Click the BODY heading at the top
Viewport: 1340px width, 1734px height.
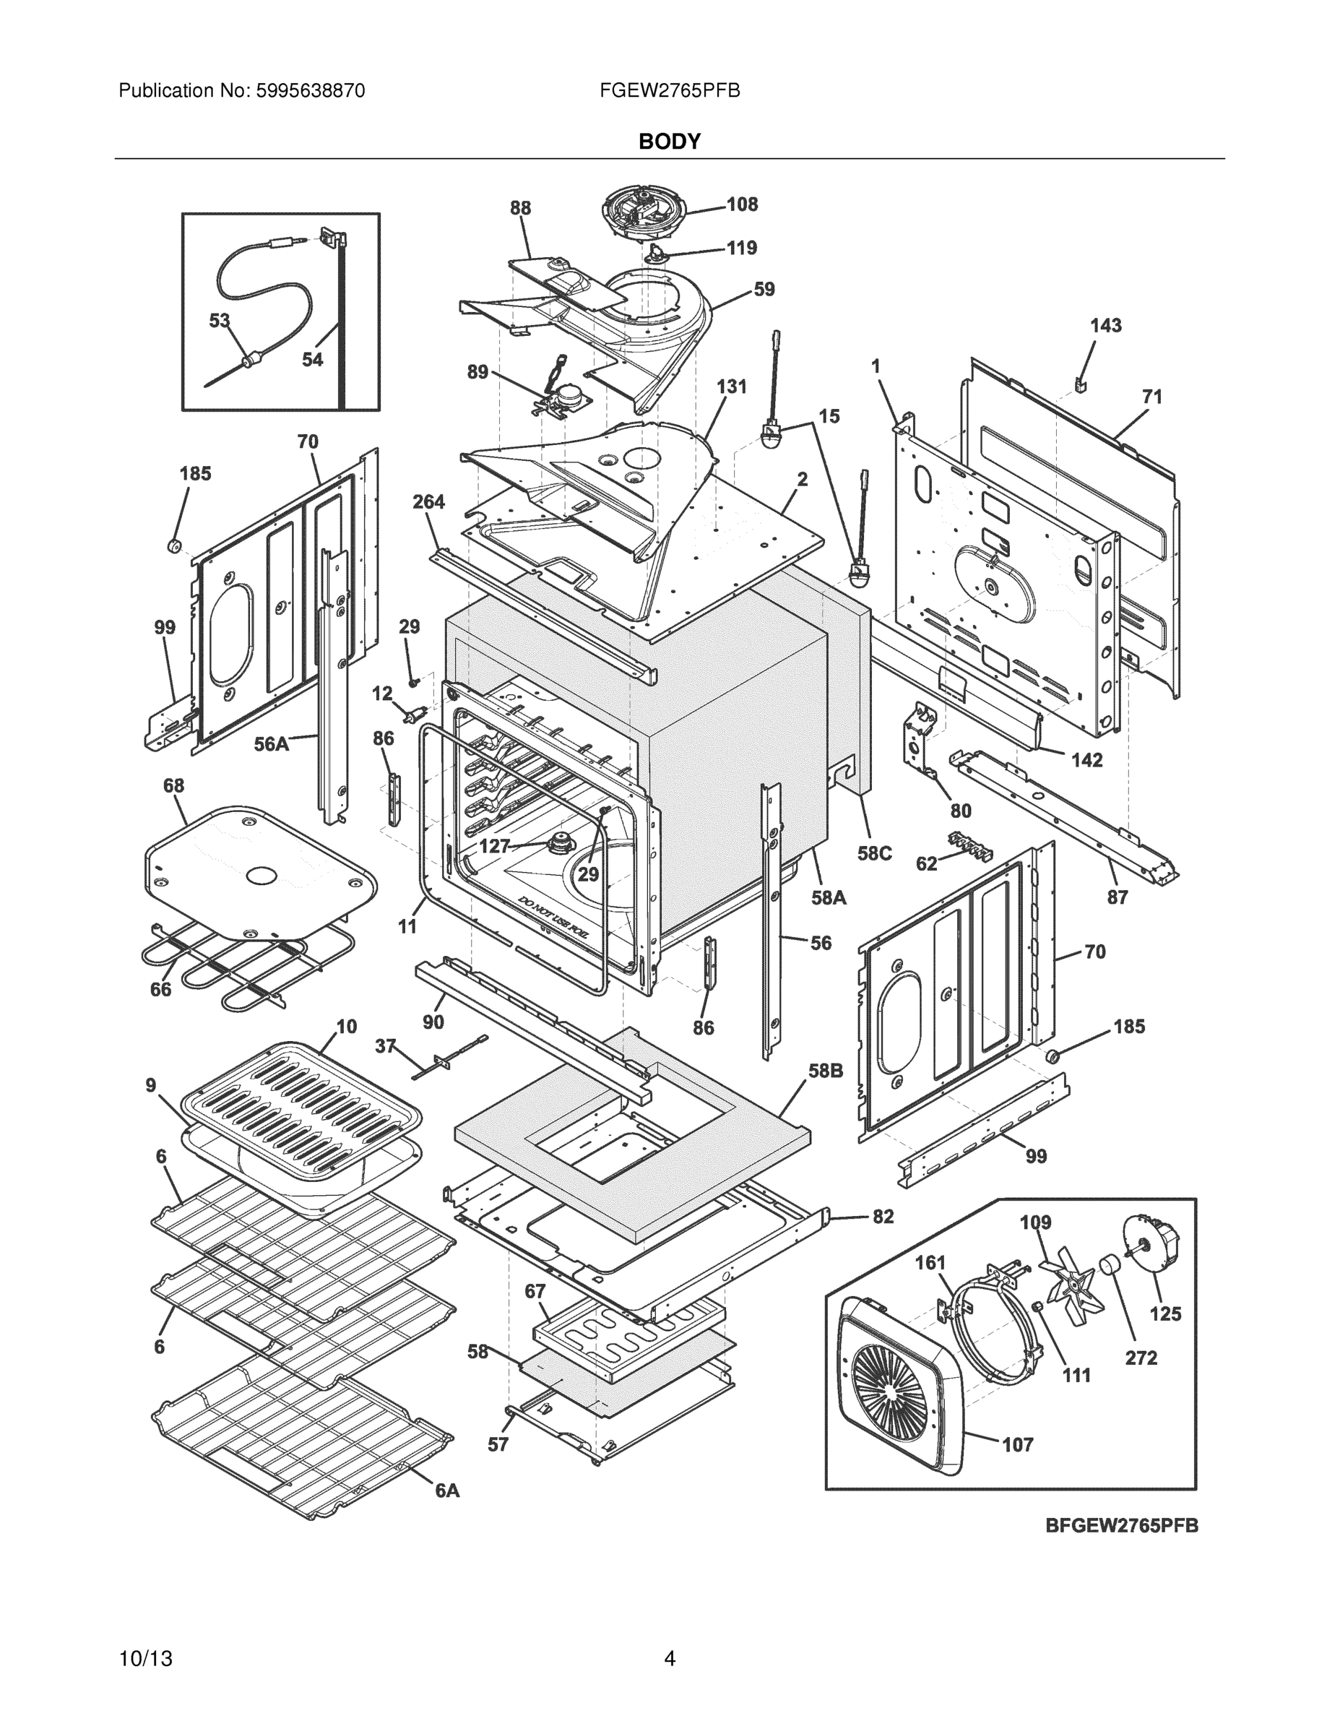[669, 142]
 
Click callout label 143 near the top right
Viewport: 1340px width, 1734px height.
[1105, 326]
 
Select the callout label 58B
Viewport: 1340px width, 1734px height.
[825, 1071]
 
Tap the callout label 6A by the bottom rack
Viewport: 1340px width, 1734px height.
[447, 1491]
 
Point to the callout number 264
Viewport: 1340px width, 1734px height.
[428, 502]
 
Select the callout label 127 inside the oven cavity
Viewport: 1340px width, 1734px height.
[494, 846]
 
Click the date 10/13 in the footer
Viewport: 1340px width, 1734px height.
[145, 1659]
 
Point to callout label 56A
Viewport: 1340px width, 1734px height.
[271, 744]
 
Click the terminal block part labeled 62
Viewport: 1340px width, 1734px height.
[969, 846]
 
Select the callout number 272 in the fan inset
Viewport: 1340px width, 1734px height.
[1141, 1358]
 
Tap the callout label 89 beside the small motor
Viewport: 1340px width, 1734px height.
[477, 371]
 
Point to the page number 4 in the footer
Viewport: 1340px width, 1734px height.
[669, 1659]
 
